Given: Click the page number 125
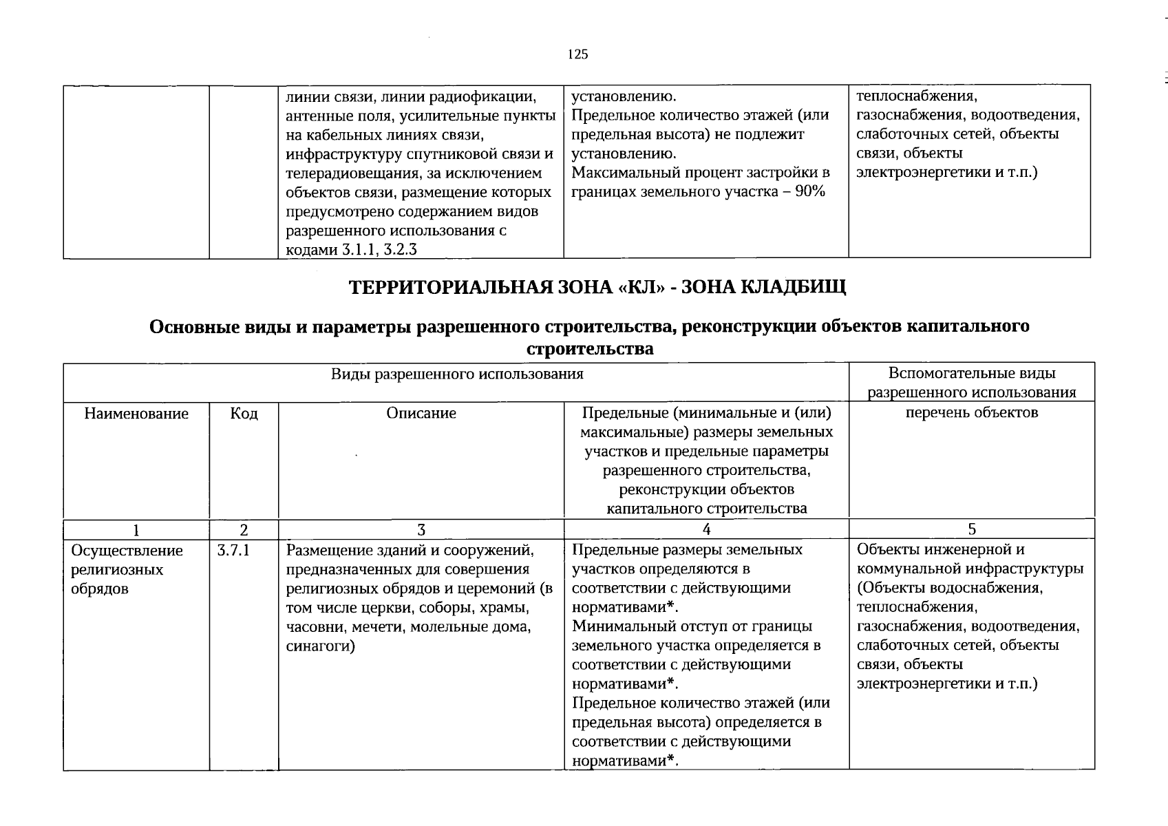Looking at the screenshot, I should (x=577, y=54).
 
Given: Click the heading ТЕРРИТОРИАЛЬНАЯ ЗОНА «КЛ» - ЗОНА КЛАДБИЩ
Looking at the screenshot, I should (x=597, y=286).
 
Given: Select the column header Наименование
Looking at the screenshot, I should (x=136, y=413).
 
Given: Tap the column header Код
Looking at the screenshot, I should (x=244, y=413).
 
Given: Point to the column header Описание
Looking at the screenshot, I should (x=421, y=413).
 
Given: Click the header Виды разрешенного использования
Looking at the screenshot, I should (x=456, y=374).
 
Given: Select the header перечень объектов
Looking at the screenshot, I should (x=971, y=412).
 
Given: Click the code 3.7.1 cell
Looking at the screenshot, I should (x=233, y=550).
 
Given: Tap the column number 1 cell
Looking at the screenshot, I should (x=136, y=529).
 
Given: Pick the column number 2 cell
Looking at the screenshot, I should (x=244, y=529).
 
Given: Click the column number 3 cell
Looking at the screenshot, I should (x=421, y=529).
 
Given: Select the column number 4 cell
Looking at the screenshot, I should (x=706, y=529).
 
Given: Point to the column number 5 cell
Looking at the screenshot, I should (x=971, y=529).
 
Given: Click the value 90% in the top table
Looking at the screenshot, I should (x=809, y=191).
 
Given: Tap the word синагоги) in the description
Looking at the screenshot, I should (x=320, y=646).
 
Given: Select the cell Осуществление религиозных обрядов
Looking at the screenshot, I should (x=127, y=569).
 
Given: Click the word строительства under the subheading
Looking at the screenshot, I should (x=589, y=348).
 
